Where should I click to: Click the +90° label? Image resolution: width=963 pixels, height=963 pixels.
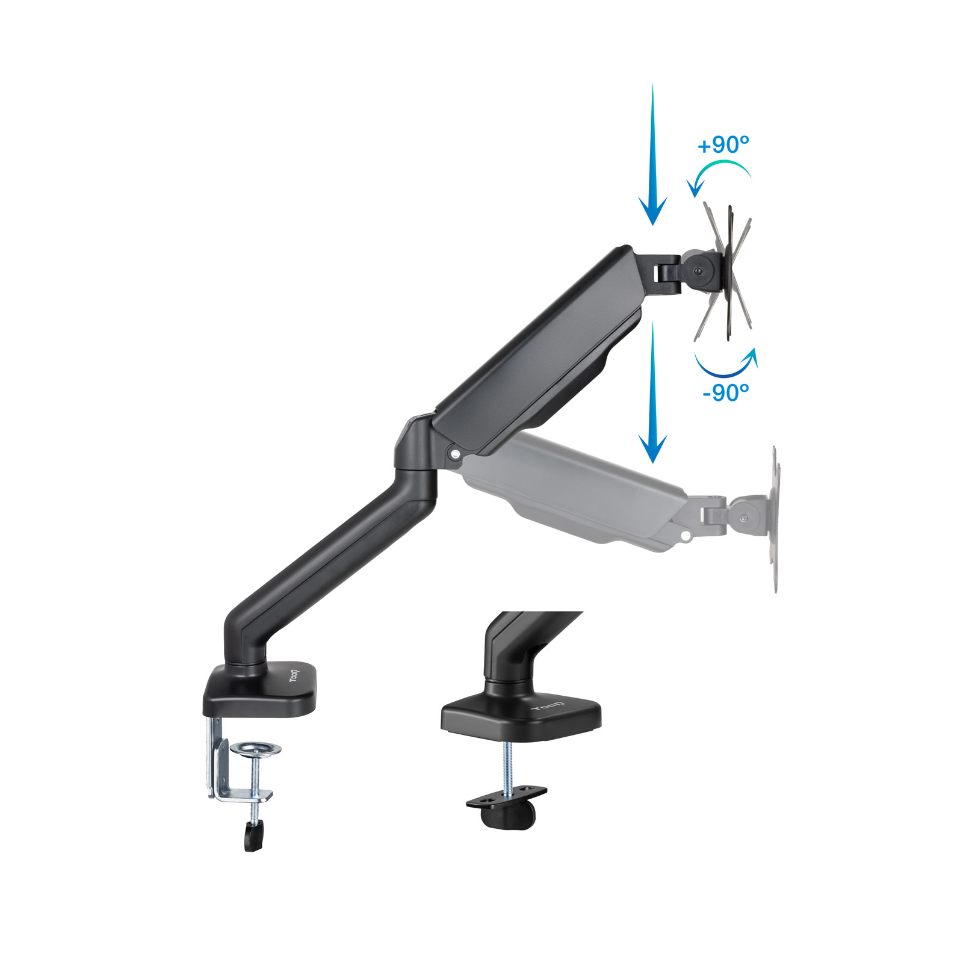click(x=723, y=145)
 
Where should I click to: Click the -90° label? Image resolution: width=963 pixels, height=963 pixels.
click(x=726, y=392)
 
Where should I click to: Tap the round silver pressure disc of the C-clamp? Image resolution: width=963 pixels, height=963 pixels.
click(x=256, y=749)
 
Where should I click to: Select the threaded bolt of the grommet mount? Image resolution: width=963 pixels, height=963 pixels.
click(x=507, y=764)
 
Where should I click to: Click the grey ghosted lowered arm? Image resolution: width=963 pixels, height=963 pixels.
click(x=578, y=488)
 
